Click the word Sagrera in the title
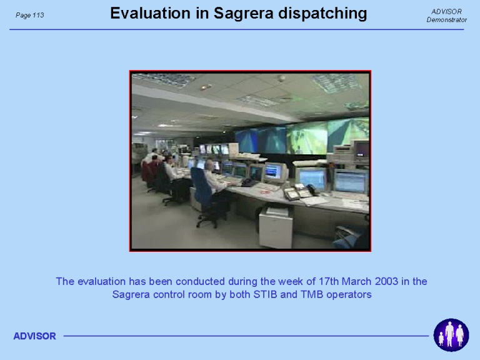point(243,14)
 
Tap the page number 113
point(38,15)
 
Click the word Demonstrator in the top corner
point(447,20)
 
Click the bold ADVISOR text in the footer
point(34,336)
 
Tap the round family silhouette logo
point(451,335)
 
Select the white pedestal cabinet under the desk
point(276,226)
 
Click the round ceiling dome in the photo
point(281,78)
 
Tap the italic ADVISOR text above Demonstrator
point(446,12)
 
